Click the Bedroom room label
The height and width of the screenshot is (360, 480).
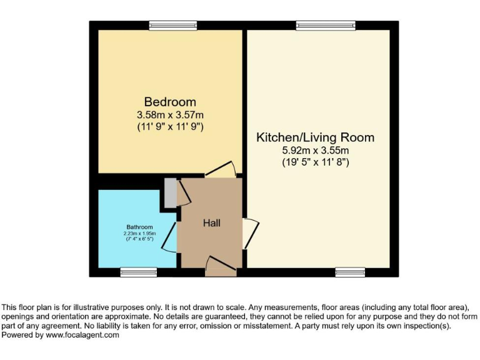170,102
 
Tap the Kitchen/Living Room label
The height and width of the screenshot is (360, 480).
316,137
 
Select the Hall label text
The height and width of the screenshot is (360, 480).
211,222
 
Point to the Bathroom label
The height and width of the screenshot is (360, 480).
140,227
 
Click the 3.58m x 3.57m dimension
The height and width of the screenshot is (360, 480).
170,114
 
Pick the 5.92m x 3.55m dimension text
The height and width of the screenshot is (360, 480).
316,150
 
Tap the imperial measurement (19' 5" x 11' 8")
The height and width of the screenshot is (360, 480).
316,162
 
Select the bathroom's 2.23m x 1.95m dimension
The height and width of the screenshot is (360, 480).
140,233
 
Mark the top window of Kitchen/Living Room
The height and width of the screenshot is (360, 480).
326,25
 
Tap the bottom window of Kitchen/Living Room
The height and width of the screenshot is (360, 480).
350,272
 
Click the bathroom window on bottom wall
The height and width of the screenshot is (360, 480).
138,272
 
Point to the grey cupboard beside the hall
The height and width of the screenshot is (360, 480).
170,193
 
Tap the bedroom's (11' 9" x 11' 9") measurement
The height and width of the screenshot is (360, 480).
170,127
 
